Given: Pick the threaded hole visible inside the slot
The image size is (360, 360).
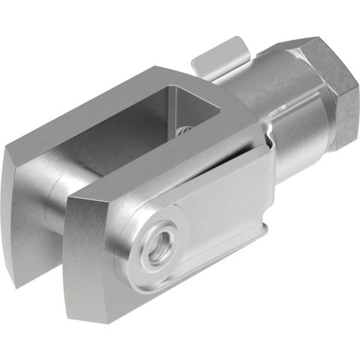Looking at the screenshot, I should [184, 133].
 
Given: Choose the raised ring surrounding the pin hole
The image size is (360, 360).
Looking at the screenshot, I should [142, 262].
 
